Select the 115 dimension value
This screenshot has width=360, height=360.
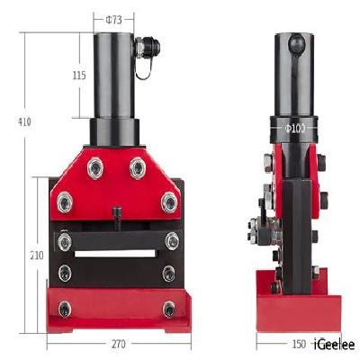click(x=79, y=76)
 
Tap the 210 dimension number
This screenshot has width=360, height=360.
click(x=37, y=256)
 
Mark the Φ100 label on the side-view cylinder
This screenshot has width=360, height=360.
click(x=296, y=130)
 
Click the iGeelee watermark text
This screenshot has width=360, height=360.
click(x=333, y=344)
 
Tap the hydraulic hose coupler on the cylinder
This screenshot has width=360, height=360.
click(x=146, y=47)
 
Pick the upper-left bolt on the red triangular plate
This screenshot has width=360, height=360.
click(x=94, y=166)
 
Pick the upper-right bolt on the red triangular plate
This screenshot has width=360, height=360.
click(x=137, y=166)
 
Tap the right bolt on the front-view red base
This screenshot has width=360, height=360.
click(x=168, y=309)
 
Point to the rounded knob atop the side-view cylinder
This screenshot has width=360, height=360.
click(x=296, y=41)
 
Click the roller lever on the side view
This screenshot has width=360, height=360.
click(x=257, y=232)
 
